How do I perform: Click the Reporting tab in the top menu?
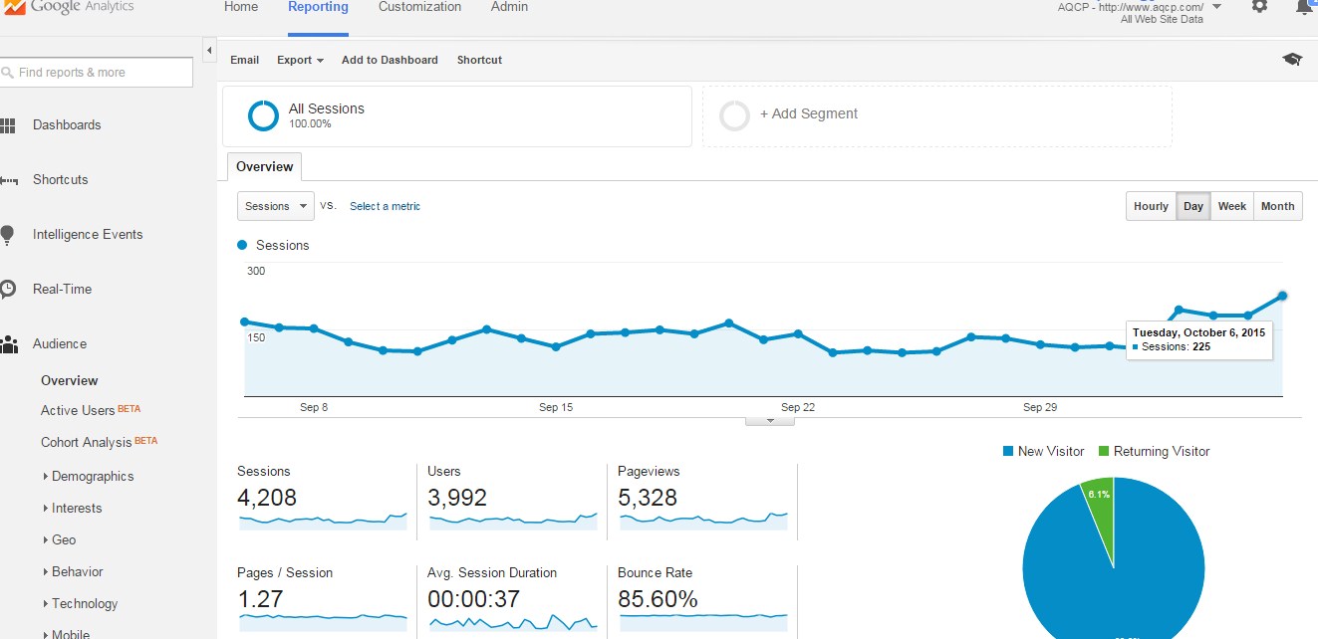pyautogui.click(x=318, y=7)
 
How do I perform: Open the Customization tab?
pyautogui.click(x=419, y=7)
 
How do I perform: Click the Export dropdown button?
pyautogui.click(x=300, y=60)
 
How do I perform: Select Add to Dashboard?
pyautogui.click(x=390, y=60)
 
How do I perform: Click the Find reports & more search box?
pyautogui.click(x=96, y=72)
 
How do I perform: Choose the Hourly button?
pyautogui.click(x=1151, y=206)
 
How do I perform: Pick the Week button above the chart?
pyautogui.click(x=1231, y=206)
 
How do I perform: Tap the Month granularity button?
pyautogui.click(x=1277, y=206)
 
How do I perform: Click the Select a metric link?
pyautogui.click(x=385, y=206)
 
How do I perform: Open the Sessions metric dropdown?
pyautogui.click(x=276, y=206)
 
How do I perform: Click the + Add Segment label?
pyautogui.click(x=808, y=114)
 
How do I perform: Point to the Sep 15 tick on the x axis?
pyautogui.click(x=556, y=407)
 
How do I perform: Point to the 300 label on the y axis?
pyautogui.click(x=256, y=271)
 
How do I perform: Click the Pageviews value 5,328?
pyautogui.click(x=648, y=497)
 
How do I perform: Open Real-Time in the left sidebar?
pyautogui.click(x=62, y=289)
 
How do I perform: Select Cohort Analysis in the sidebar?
pyautogui.click(x=86, y=442)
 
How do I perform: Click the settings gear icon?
pyautogui.click(x=1259, y=6)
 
